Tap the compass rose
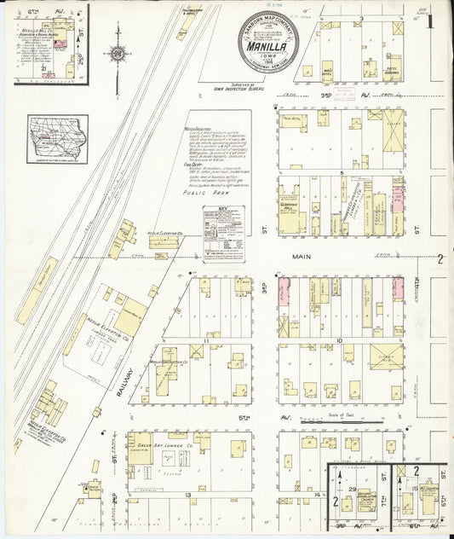coord(118,54)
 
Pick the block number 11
coord(206,339)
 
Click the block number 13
coord(187,494)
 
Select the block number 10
coord(339,339)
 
